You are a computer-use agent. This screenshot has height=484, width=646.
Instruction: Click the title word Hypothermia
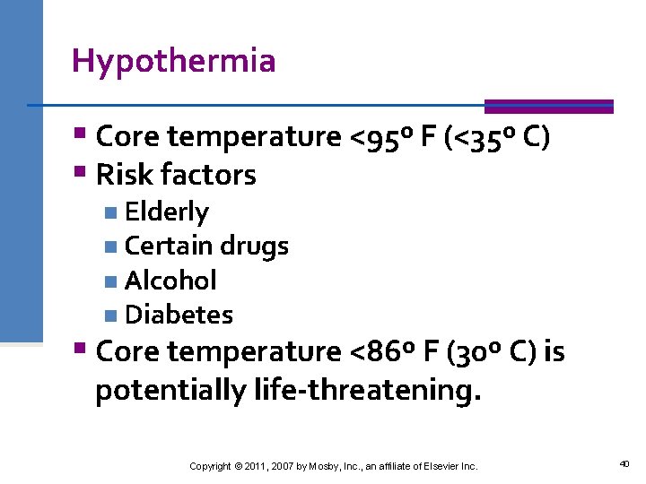pos(173,61)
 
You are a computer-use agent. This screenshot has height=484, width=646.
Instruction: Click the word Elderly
pos(167,212)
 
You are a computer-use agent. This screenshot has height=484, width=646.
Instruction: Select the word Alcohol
pos(170,281)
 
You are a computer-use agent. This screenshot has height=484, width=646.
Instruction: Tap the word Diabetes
pos(179,315)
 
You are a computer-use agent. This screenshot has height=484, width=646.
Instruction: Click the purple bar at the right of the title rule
pos(548,106)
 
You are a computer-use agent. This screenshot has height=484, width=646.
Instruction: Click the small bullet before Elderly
pos(109,212)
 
